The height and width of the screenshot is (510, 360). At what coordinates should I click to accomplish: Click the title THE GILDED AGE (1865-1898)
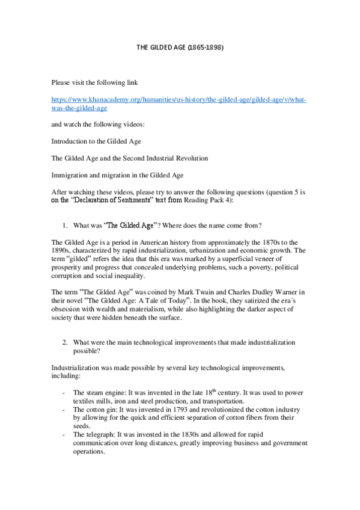pos(180,47)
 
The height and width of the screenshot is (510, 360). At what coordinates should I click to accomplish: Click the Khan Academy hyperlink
pos(178,103)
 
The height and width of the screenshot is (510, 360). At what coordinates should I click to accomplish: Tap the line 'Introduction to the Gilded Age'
pos(96,141)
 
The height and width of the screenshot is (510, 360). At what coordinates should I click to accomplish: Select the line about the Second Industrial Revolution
pos(129,158)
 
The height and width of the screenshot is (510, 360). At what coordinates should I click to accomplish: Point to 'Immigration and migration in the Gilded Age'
pos(124,175)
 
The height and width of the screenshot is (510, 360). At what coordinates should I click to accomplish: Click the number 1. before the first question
pos(66,226)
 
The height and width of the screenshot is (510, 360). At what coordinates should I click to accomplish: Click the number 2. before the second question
pos(66,342)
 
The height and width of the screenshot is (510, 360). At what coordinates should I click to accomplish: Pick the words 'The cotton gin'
pos(94,408)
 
